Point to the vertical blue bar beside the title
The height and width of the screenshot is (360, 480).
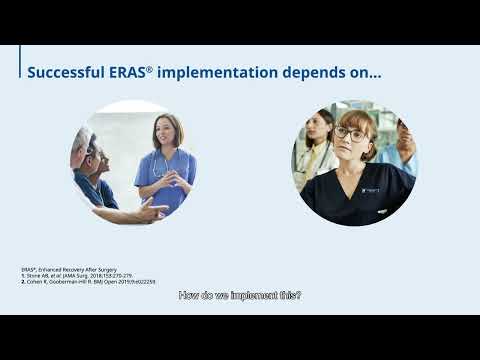click(20, 67)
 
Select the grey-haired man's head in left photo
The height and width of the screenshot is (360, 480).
click(85, 148)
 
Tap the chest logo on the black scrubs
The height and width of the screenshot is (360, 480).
click(371, 189)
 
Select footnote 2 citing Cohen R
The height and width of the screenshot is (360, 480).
click(88, 282)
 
